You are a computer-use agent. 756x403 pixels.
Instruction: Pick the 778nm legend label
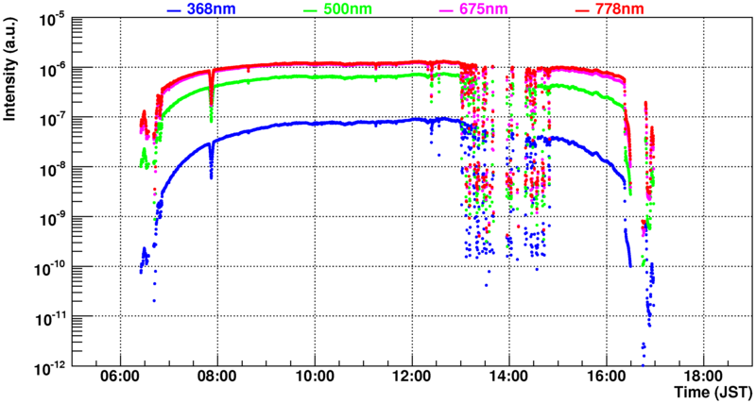tap(620, 9)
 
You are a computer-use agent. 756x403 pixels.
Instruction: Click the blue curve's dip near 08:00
tap(211, 174)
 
